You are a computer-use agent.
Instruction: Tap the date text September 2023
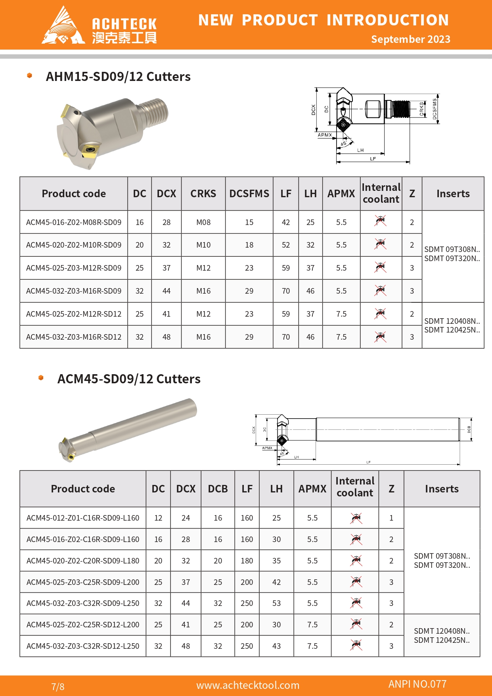tap(410, 39)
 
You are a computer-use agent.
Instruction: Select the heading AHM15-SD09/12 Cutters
tap(118, 77)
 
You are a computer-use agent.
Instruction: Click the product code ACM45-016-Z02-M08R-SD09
tap(74, 223)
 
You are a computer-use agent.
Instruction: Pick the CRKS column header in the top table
tap(203, 194)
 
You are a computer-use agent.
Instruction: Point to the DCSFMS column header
tap(249, 194)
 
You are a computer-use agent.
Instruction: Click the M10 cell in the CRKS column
tap(203, 245)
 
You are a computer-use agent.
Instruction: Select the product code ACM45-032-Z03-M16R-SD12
tap(74, 337)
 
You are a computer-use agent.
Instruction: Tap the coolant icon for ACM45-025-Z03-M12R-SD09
tap(381, 267)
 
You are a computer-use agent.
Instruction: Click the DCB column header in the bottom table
tap(218, 489)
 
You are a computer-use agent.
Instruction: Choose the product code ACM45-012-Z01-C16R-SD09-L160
tap(83, 518)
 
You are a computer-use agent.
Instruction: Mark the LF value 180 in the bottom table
tap(247, 561)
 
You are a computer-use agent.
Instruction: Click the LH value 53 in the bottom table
tap(276, 604)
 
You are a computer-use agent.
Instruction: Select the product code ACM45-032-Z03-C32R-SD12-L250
tap(83, 646)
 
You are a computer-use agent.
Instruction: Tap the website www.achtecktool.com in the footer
tap(248, 685)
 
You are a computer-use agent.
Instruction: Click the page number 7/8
tap(58, 686)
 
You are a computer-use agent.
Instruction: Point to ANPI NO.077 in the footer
tap(417, 684)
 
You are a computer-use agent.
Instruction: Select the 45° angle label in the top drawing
tap(344, 143)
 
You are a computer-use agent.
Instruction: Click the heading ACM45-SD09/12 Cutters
tap(129, 379)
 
